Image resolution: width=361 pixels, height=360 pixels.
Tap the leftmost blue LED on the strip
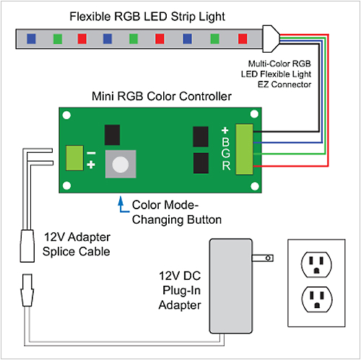point(32,38)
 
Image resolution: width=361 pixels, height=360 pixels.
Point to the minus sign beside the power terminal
point(91,153)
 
